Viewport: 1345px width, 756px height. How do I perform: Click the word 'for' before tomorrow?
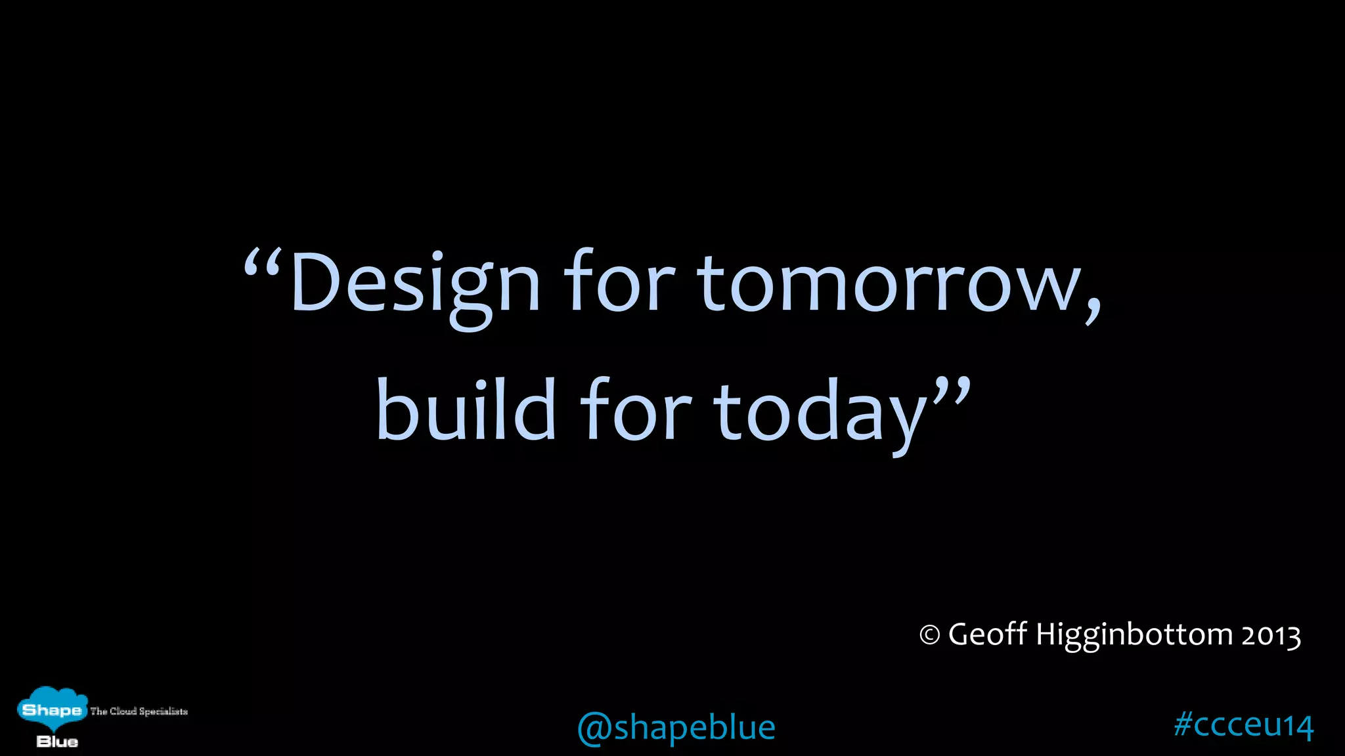point(619,282)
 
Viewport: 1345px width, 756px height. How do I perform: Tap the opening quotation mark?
point(263,262)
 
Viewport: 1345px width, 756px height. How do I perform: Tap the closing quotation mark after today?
point(952,390)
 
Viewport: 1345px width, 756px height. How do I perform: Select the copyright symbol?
point(929,635)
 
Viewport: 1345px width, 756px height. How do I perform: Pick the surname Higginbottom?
point(1134,635)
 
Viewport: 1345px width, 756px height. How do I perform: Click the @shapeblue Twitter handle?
point(676,728)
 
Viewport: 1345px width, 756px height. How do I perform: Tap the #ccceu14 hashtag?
point(1243,724)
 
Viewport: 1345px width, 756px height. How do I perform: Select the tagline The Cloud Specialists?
point(139,711)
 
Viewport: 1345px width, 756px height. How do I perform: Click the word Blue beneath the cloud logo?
point(57,742)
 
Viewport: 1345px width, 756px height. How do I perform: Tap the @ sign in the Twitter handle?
point(594,728)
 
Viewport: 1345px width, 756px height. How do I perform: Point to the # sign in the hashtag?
point(1183,724)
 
